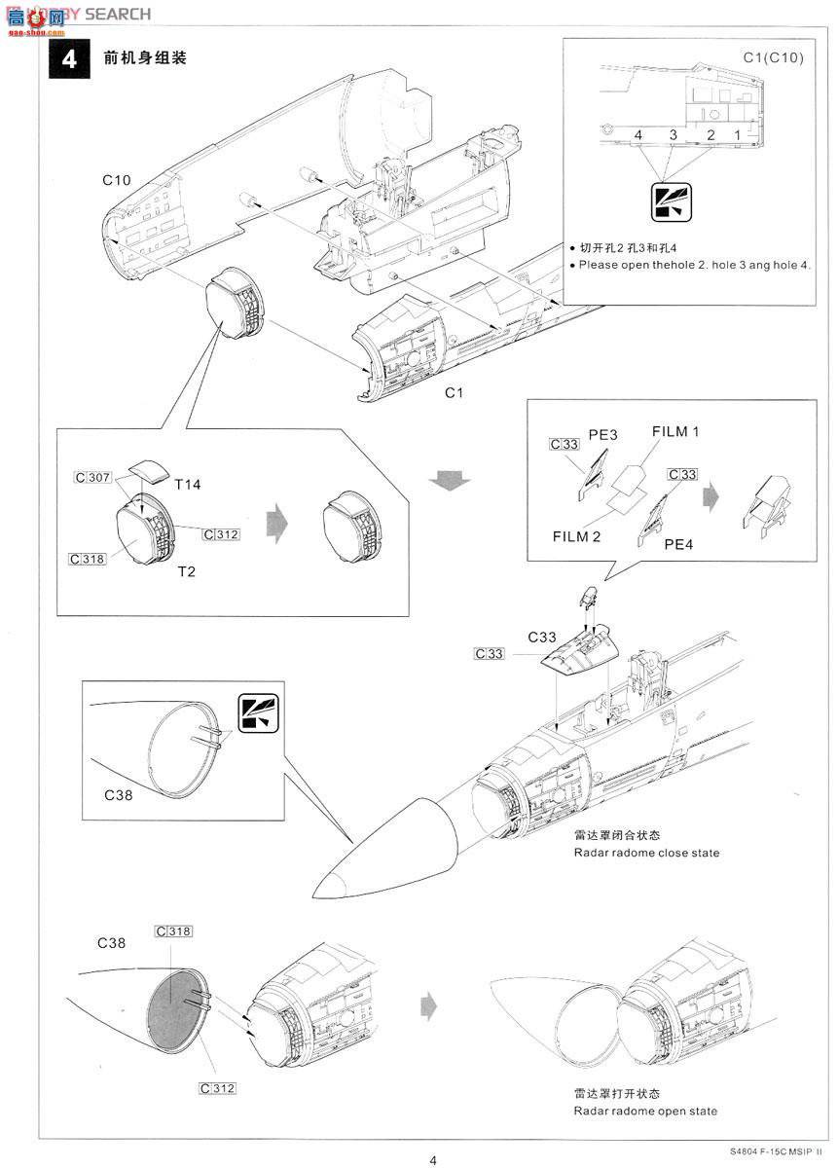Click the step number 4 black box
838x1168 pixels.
[x=68, y=58]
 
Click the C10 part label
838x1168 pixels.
[x=117, y=180]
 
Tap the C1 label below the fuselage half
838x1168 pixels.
[x=454, y=392]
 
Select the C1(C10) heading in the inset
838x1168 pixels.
[x=773, y=58]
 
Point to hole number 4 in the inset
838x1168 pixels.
[x=638, y=134]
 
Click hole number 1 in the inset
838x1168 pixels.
[x=738, y=134]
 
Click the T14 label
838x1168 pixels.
[x=188, y=484]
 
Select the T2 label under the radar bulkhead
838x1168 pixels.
[x=186, y=571]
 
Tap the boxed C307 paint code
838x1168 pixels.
[x=93, y=478]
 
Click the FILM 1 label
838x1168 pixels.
[x=675, y=431]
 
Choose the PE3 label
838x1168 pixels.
[x=603, y=435]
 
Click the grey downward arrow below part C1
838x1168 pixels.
[x=448, y=480]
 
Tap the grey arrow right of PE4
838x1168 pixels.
[x=712, y=494]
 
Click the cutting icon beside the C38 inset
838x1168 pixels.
[x=256, y=712]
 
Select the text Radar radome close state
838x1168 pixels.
[x=646, y=853]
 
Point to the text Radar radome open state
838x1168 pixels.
[x=645, y=1111]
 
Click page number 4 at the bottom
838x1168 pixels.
[x=433, y=1159]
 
